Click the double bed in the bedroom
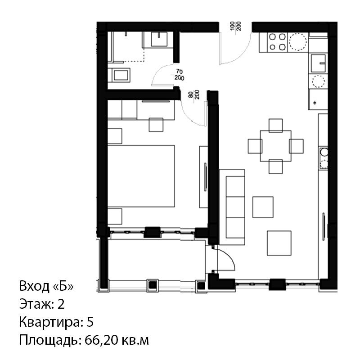click(x=141, y=176)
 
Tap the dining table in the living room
click(x=275, y=146)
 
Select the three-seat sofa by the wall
click(x=232, y=207)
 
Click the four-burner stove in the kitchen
click(x=278, y=42)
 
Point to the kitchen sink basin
click(x=319, y=63)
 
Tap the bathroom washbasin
click(x=159, y=39)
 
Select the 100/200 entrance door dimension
click(x=236, y=27)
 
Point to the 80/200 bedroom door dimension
click(x=194, y=94)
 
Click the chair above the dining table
click(x=275, y=126)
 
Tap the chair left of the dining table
click(x=255, y=146)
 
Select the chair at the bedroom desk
click(x=156, y=125)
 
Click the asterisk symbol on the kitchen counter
click(x=315, y=103)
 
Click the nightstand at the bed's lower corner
click(x=115, y=216)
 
